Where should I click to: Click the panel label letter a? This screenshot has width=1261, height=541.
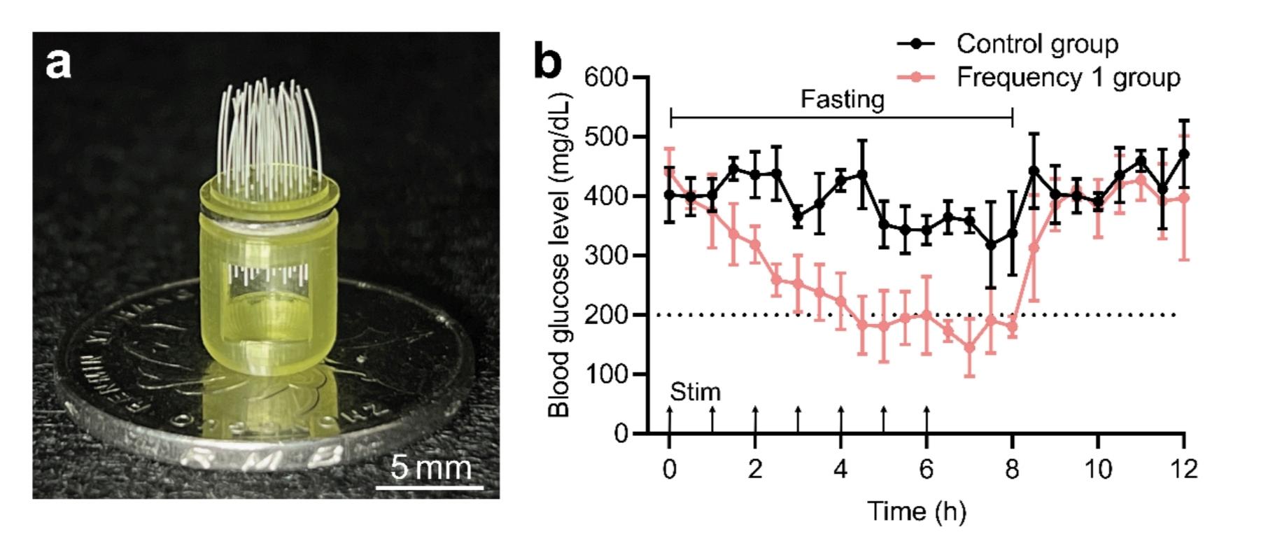[x=58, y=64]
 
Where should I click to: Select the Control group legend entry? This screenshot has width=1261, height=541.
[x=1036, y=43]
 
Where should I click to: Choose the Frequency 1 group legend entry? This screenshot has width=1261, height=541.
[x=1068, y=77]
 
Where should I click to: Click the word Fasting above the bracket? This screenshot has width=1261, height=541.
[x=842, y=99]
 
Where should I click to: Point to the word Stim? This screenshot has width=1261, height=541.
[x=695, y=392]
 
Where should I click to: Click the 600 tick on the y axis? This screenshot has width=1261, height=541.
[x=605, y=77]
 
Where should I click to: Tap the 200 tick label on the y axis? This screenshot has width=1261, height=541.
[x=605, y=315]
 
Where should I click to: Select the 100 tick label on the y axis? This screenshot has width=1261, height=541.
[x=605, y=374]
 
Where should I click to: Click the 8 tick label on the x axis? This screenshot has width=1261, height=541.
[x=1012, y=468]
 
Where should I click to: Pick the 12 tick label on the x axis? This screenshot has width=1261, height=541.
[x=1183, y=468]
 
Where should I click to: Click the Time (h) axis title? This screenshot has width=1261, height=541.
[x=916, y=512]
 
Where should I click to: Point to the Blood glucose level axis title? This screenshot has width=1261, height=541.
[x=559, y=255]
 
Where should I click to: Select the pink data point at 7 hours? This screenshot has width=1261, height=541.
[x=969, y=347]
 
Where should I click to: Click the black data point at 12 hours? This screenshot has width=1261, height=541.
[x=1183, y=154]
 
